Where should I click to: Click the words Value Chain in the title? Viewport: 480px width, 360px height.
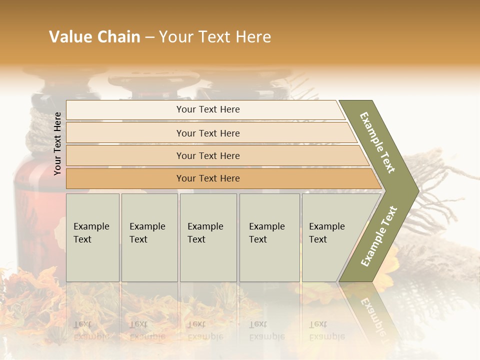[x=94, y=37]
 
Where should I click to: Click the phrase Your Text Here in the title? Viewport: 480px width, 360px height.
[x=215, y=37]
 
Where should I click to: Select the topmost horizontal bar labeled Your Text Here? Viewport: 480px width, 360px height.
[x=208, y=109]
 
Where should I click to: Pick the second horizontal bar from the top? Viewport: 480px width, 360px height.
[x=208, y=133]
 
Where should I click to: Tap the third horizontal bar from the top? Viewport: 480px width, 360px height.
[x=208, y=155]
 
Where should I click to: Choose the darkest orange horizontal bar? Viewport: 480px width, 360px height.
[x=208, y=178]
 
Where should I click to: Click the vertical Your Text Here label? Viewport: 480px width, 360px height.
[x=57, y=144]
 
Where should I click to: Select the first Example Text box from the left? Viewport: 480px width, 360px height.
[x=92, y=237]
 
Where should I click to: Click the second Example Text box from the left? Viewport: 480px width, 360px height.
[x=149, y=237]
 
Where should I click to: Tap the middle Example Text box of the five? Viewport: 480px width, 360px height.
[x=208, y=237]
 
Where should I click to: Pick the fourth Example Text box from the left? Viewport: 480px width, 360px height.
[x=269, y=237]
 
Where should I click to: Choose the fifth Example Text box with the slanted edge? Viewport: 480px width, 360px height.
[x=330, y=237]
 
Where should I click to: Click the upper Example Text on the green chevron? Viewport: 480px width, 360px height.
[x=377, y=142]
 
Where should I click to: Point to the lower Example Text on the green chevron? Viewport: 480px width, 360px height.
[x=379, y=236]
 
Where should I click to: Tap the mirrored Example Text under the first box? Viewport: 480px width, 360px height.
[x=91, y=330]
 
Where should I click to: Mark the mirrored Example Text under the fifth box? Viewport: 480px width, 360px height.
[x=326, y=330]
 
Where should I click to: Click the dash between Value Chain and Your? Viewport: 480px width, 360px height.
[x=149, y=37]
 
